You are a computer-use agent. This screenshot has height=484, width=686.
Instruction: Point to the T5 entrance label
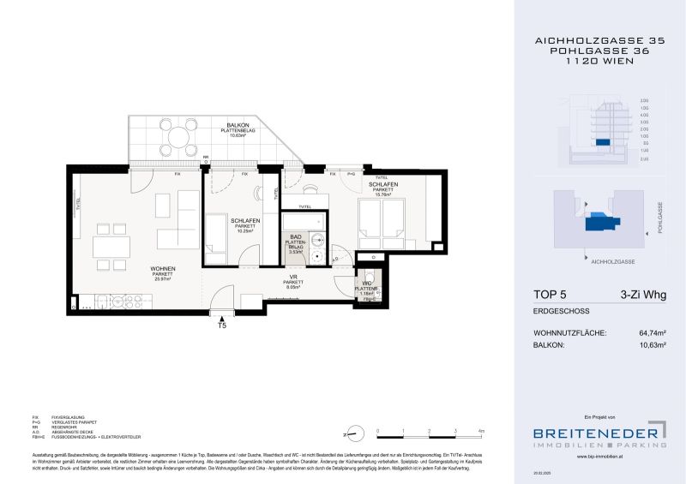pyautogui.click(x=223, y=326)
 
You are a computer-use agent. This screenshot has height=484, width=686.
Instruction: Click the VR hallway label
pyautogui.click(x=294, y=275)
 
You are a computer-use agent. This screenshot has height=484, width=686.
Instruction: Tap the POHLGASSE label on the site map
pyautogui.click(x=659, y=218)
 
